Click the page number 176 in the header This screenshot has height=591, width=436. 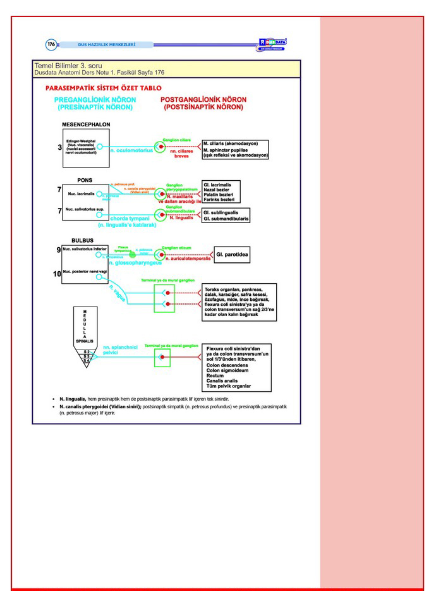51,44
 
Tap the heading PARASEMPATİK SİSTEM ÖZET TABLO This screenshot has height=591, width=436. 99,88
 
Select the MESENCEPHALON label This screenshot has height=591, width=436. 86,125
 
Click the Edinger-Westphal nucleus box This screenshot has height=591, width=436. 86,148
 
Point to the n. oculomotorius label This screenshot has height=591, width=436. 132,151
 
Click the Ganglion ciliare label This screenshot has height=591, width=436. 176,138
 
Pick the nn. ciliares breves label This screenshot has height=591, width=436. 182,154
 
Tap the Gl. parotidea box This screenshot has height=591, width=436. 232,255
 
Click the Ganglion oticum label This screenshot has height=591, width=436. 176,248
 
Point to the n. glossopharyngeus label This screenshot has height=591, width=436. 135,262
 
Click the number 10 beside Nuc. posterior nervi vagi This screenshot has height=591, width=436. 57,274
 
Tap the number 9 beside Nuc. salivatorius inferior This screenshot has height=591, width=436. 58,250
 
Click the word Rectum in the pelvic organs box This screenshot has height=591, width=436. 215,375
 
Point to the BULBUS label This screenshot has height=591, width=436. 82,240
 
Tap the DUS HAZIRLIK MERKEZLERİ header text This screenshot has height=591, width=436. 107,44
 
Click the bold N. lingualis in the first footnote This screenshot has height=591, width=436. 73,399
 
